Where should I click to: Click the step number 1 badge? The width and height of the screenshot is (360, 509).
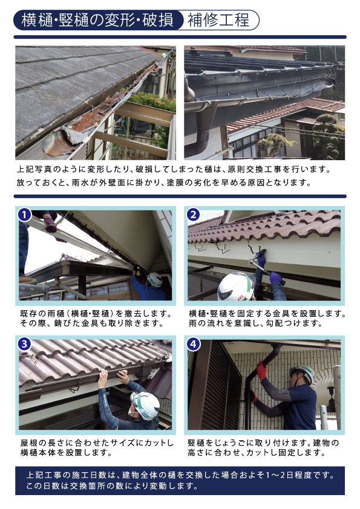[24, 215]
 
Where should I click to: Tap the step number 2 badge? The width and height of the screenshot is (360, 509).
[193, 215]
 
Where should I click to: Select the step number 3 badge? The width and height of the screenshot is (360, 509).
[24, 344]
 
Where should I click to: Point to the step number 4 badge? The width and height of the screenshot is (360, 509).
[193, 344]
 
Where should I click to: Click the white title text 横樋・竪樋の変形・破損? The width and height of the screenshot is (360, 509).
[97, 20]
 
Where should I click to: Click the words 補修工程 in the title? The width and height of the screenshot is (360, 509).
[218, 20]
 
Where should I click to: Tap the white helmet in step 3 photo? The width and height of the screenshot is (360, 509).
[145, 406]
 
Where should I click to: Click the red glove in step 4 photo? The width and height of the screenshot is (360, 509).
[261, 370]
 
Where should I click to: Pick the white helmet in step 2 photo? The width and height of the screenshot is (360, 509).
[236, 287]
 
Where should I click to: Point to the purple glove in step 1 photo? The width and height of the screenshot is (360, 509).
[50, 225]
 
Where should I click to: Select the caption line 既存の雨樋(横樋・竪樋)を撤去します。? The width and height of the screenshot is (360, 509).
[96, 314]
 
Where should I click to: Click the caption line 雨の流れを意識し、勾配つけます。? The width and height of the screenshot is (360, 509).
[255, 323]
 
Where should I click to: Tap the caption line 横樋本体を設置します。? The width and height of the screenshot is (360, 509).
[67, 453]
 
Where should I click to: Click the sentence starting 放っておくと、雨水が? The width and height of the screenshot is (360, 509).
[164, 183]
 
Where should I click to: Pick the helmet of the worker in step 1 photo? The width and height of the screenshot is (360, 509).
[155, 279]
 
